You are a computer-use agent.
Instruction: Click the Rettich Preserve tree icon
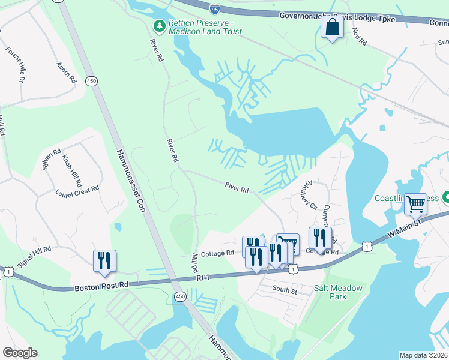click(x=159, y=26)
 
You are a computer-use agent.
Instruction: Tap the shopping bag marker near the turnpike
click(x=332, y=27)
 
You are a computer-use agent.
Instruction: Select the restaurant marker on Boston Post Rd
click(x=105, y=260)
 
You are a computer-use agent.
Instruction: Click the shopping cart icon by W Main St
click(x=415, y=204)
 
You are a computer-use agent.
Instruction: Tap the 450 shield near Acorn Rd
click(x=91, y=81)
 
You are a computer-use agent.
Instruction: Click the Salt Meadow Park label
click(x=339, y=292)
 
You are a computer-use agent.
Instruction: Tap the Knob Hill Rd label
click(x=72, y=170)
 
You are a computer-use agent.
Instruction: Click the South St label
click(x=285, y=290)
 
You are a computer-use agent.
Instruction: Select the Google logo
click(x=20, y=353)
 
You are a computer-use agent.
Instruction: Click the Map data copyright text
click(x=423, y=355)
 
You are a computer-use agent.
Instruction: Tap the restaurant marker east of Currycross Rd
click(x=319, y=237)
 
